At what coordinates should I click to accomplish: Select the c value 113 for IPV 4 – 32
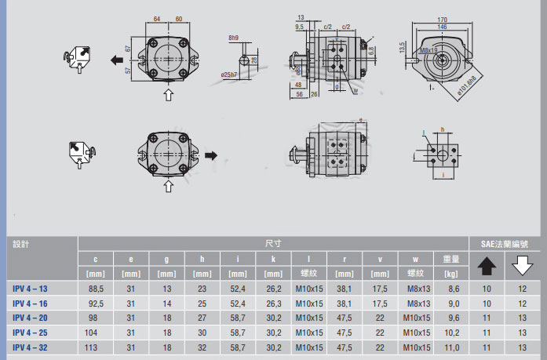click(x=96, y=346)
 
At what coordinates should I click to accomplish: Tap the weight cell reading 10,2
click(x=453, y=332)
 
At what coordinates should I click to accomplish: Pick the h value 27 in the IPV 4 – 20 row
click(x=202, y=318)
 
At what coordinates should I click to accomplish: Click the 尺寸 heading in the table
click(x=272, y=243)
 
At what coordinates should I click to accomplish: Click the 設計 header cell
click(x=23, y=244)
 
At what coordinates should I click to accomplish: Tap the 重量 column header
click(x=453, y=259)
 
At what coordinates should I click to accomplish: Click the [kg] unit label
click(x=453, y=273)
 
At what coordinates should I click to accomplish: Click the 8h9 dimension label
click(x=234, y=38)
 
